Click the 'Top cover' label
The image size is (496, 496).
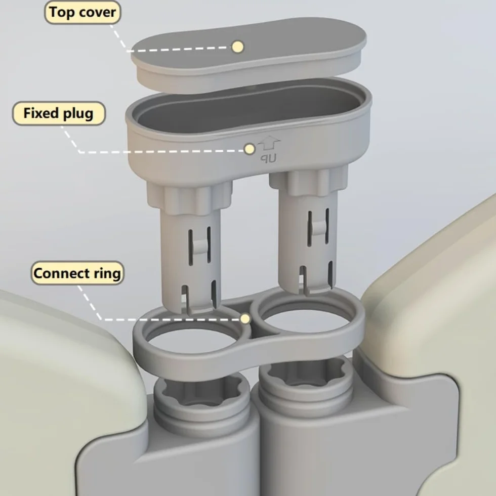(82, 13)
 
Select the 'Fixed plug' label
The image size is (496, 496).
(59, 113)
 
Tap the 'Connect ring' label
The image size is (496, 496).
(77, 273)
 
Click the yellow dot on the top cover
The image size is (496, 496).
(238, 47)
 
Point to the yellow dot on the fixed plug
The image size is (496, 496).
(250, 149)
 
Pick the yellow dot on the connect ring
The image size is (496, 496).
(245, 319)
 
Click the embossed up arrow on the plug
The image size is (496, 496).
(269, 144)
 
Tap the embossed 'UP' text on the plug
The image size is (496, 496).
(269, 158)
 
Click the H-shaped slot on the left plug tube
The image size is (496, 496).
(199, 245)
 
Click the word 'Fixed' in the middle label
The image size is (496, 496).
(41, 113)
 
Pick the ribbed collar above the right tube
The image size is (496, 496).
(309, 181)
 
